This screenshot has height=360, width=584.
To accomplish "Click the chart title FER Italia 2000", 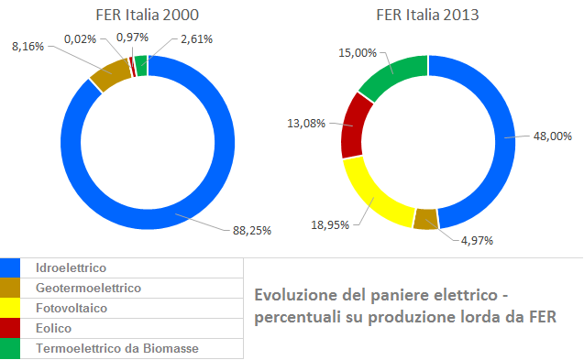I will [148, 15].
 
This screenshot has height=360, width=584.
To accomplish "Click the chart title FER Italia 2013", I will [428, 15].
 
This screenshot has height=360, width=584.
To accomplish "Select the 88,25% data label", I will [248, 231].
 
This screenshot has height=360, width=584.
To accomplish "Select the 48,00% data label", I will [550, 136].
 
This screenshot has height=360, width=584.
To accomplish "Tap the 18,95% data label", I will [326, 224].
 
